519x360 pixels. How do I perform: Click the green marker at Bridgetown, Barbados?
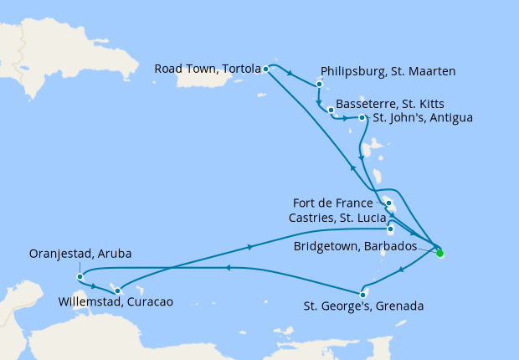440,253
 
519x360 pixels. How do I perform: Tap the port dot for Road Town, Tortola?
265,69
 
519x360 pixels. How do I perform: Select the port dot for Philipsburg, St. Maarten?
320,84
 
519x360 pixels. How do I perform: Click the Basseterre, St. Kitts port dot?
331,110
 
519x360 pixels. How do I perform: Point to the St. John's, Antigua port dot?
362,118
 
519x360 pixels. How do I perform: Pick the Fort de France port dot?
389,203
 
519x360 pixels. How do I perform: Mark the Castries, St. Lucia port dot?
391,228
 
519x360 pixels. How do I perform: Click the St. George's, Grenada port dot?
362,294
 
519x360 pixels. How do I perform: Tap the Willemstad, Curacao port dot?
118,291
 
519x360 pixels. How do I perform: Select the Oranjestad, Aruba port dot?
79,276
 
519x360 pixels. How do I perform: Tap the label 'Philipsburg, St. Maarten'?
388,72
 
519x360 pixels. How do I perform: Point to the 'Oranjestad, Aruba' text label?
80,254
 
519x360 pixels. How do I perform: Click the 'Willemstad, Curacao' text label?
116,302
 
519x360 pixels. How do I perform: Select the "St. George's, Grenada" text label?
363,306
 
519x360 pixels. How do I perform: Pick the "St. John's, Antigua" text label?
423,118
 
